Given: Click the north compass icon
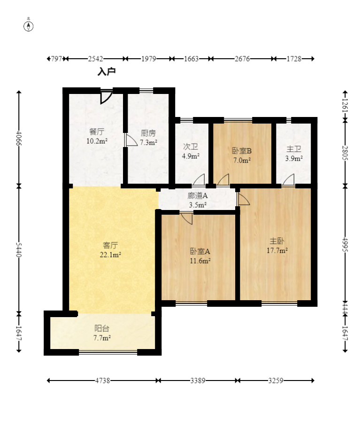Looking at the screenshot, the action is click(x=28, y=26).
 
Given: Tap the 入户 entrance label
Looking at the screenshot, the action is click(x=107, y=72).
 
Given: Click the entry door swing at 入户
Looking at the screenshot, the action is click(x=107, y=97).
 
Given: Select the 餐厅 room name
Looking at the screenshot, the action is click(x=97, y=132).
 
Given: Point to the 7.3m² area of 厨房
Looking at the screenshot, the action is click(x=148, y=142).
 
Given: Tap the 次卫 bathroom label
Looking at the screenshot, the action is click(x=191, y=147).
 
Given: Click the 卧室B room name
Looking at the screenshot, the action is click(x=242, y=151).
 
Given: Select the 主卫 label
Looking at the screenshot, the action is click(x=294, y=149).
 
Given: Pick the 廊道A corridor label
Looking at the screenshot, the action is click(x=198, y=195).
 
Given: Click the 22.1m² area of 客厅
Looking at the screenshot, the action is click(x=110, y=255).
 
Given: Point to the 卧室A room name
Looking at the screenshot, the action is click(x=200, y=251).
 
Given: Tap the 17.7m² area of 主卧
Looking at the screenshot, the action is click(x=277, y=250).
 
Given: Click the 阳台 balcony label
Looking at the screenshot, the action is click(x=102, y=328).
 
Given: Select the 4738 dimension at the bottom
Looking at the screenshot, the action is click(x=102, y=381).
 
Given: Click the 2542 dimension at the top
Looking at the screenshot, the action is click(x=95, y=59).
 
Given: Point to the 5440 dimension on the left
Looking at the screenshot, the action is click(x=19, y=250).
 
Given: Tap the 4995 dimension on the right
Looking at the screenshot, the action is click(x=345, y=244).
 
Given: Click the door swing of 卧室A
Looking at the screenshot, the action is click(x=186, y=218).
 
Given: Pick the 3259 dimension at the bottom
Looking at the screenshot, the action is click(x=276, y=381).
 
